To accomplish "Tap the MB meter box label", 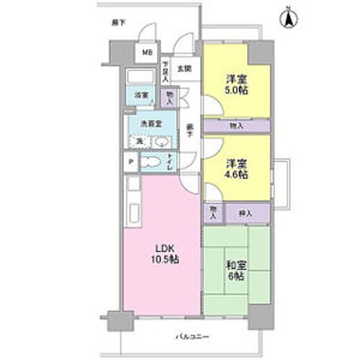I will [x=146, y=53].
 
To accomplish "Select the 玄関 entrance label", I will [x=184, y=69].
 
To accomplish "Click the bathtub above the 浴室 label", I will [x=140, y=77].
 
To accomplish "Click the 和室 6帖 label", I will [x=234, y=270].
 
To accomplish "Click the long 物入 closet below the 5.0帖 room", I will [x=236, y=126].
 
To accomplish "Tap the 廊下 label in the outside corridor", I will [x=118, y=23].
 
